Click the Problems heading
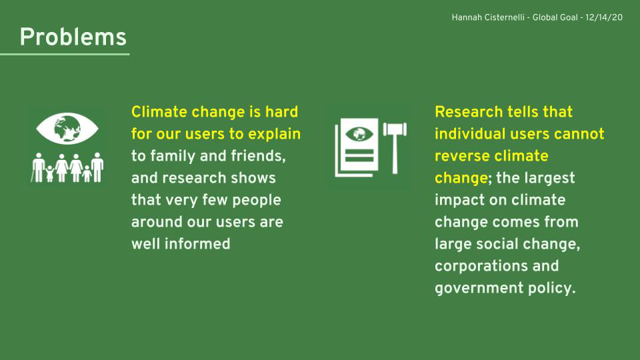click(x=73, y=37)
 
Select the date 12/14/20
click(x=604, y=17)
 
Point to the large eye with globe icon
click(x=67, y=129)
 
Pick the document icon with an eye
click(x=357, y=147)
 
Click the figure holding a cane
click(x=39, y=168)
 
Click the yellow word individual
click(x=470, y=134)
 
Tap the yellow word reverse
click(x=459, y=156)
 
